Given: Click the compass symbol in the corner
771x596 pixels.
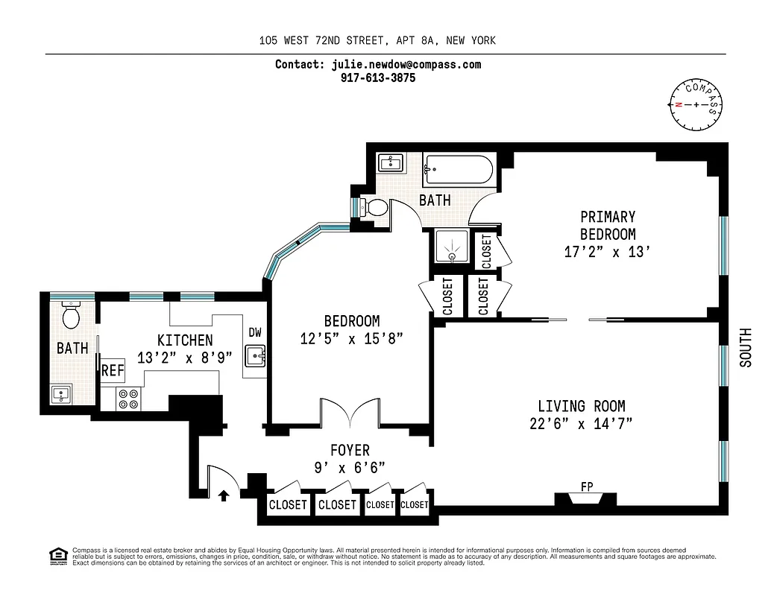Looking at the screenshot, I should [696, 104].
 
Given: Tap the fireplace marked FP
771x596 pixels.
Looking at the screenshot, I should [586, 500].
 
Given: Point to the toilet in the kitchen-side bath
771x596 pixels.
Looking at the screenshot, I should [72, 317].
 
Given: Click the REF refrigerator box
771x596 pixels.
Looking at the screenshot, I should [112, 370].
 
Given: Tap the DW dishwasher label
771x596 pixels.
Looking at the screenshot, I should [255, 333].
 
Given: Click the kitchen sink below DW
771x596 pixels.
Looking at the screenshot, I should [256, 358].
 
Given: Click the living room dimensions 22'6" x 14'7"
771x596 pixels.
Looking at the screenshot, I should [581, 424].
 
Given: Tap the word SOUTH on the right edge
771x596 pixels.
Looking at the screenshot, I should [745, 347].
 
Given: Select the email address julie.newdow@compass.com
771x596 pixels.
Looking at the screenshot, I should [406, 64].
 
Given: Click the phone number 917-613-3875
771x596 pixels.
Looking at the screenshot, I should [377, 77].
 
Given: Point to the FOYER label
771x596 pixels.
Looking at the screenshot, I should [350, 450].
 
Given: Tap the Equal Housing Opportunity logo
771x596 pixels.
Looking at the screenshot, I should [56, 554].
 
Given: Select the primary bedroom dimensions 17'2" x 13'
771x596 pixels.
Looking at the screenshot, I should [608, 252].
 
